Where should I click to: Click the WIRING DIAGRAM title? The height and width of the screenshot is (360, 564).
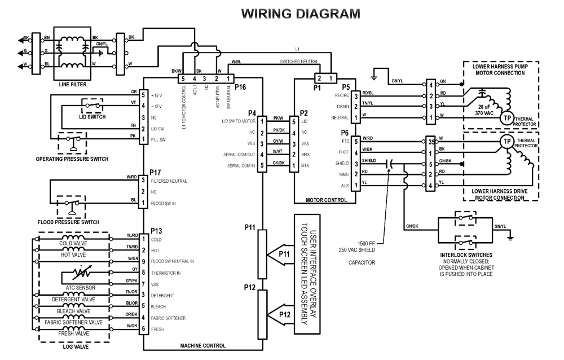click(301, 14)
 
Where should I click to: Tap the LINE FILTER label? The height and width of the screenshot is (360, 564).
click(73, 85)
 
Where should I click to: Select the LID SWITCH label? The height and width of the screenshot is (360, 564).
click(92, 117)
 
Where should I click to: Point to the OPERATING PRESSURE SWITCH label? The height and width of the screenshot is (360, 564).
click(72, 159)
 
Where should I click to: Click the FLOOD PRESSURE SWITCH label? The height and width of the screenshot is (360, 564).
click(68, 222)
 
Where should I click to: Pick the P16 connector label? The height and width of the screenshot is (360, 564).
click(240, 87)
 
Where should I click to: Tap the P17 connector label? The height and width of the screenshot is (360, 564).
click(156, 173)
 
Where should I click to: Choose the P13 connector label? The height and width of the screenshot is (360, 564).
click(156, 231)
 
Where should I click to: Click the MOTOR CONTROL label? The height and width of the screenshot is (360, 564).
click(326, 200)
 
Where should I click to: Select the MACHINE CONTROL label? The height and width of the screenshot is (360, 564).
click(203, 345)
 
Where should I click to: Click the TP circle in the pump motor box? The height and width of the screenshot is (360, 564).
click(507, 118)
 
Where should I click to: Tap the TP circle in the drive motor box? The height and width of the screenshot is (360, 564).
click(507, 142)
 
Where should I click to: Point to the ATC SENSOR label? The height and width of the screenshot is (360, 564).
click(81, 288)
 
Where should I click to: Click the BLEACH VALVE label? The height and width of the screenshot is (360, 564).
click(74, 311)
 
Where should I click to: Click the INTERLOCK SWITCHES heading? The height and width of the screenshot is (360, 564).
click(466, 255)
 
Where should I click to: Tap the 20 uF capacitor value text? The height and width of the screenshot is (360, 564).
click(484, 107)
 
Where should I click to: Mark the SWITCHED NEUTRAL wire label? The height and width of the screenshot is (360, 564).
click(299, 62)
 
